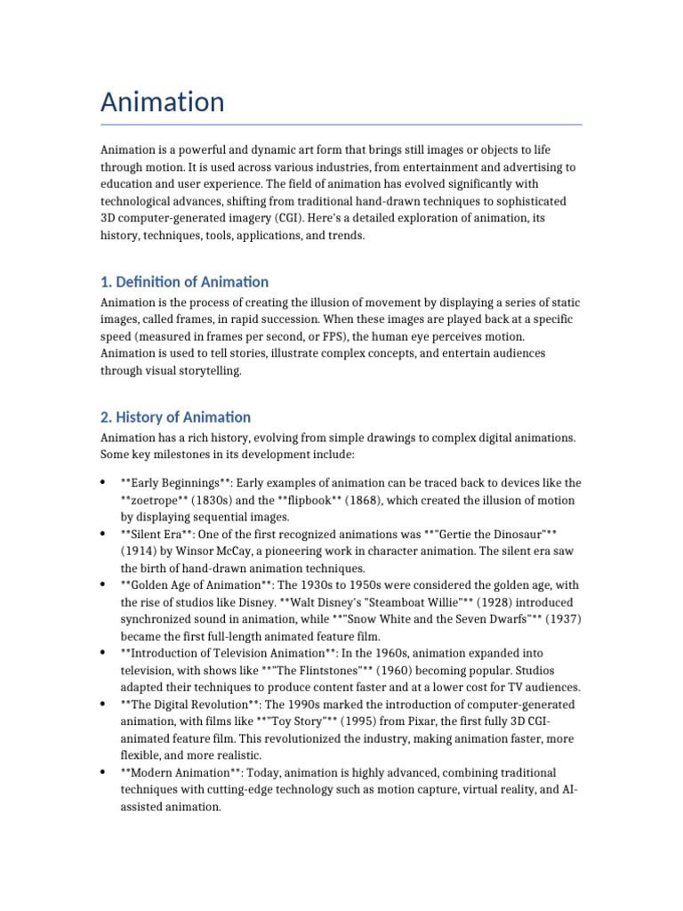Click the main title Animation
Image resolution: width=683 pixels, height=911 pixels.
pyautogui.click(x=162, y=102)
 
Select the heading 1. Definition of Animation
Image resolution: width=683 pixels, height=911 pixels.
pyautogui.click(x=184, y=282)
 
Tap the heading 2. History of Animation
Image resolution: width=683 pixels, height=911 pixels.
pyautogui.click(x=175, y=416)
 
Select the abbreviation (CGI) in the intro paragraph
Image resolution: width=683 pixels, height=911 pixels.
pyautogui.click(x=316, y=219)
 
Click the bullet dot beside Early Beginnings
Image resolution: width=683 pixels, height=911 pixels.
pyautogui.click(x=104, y=483)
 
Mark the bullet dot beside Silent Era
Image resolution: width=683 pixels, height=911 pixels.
pyautogui.click(x=104, y=534)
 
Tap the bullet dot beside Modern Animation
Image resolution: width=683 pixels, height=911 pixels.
pyautogui.click(x=104, y=772)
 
